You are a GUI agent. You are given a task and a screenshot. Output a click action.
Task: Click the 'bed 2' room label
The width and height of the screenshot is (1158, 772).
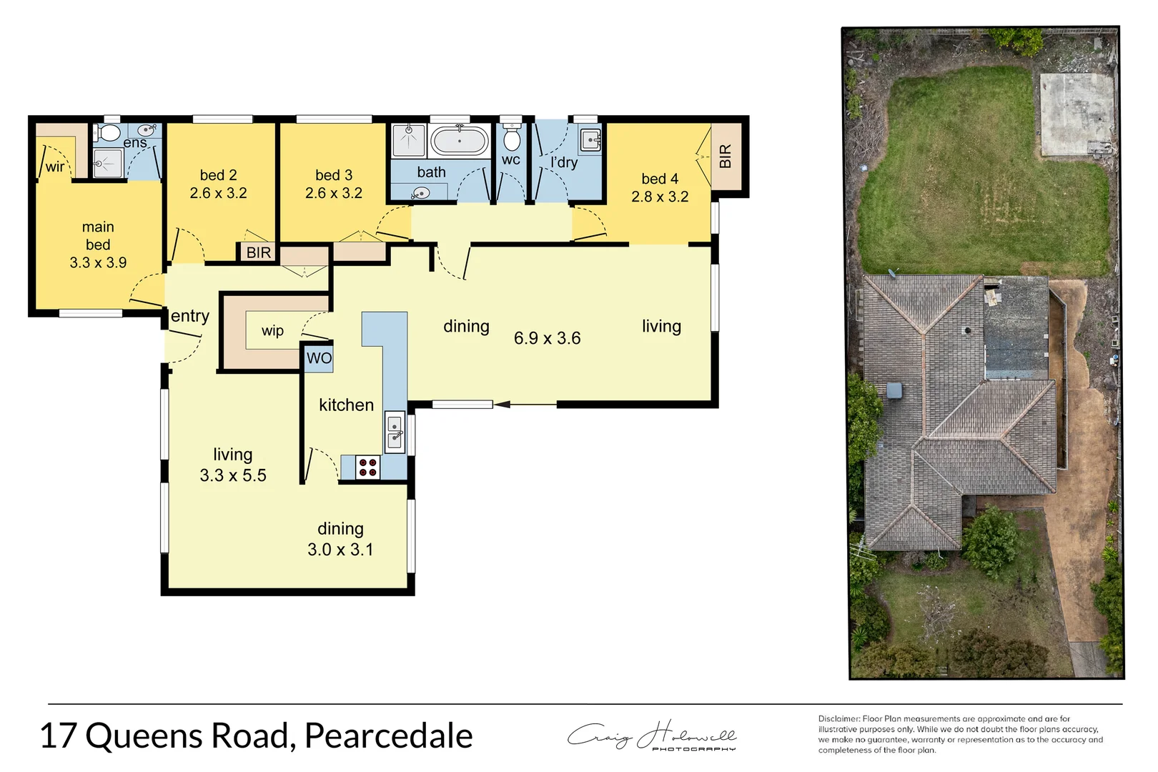(x=218, y=175)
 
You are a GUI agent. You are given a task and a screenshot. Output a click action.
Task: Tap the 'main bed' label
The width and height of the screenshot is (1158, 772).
(x=98, y=235)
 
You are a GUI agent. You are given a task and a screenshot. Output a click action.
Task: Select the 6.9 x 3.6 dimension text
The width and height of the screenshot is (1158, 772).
(x=547, y=338)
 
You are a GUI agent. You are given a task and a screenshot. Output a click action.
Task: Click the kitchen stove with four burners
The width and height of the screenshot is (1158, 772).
(x=367, y=467)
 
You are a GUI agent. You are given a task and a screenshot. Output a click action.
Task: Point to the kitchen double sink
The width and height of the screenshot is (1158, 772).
(x=395, y=432)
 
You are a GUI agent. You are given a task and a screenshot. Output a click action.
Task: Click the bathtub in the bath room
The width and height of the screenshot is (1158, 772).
(x=459, y=141)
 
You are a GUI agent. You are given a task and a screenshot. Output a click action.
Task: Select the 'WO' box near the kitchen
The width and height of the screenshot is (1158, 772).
(x=319, y=358)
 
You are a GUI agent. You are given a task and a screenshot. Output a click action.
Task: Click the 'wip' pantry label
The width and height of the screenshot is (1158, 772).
(x=272, y=330)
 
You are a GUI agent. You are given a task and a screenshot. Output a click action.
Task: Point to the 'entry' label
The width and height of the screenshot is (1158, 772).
(x=190, y=316)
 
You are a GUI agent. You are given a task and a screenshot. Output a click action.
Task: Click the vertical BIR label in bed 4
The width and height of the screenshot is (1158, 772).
(x=726, y=157)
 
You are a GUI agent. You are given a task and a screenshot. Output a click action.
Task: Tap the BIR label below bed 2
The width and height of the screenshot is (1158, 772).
(x=258, y=252)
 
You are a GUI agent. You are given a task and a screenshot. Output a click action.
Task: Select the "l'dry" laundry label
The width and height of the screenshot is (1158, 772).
(x=564, y=162)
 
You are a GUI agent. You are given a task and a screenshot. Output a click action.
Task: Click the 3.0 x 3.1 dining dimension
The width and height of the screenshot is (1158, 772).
(x=340, y=550)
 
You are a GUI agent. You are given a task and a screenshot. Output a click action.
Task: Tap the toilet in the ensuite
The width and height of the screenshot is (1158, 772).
(x=109, y=133)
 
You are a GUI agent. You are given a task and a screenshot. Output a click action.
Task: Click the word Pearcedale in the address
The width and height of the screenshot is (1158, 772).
(x=388, y=736)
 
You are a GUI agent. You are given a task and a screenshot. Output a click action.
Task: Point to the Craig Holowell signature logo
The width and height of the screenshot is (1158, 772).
(x=652, y=736)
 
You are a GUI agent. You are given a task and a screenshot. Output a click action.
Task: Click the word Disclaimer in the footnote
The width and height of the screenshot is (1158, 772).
(x=838, y=718)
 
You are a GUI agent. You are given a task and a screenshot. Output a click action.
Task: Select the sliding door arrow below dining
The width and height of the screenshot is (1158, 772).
(x=503, y=405)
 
